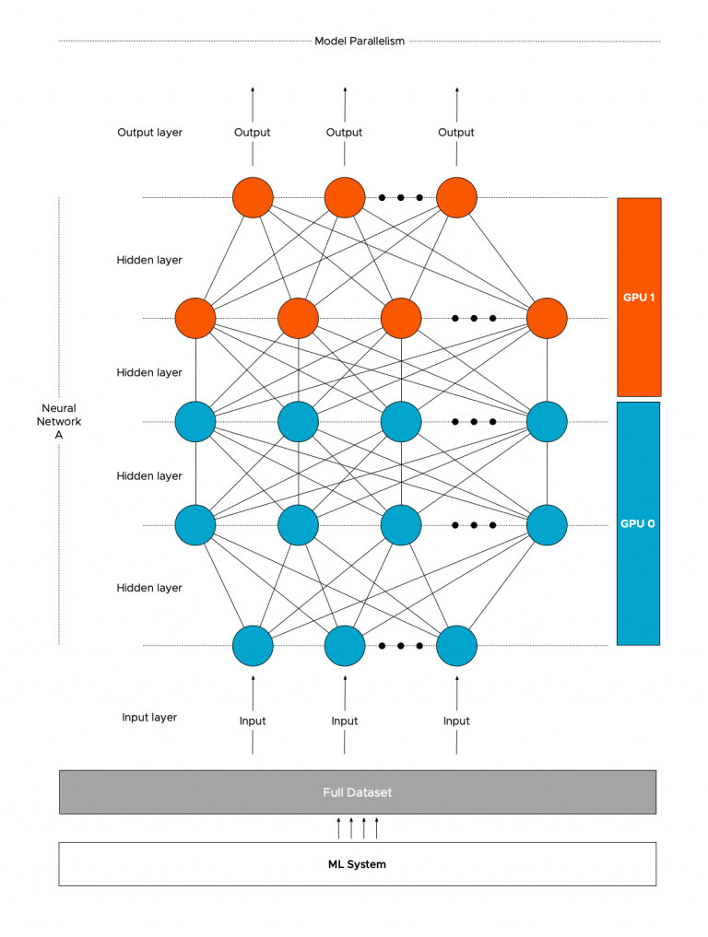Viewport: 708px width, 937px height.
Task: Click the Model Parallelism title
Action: pos(360,41)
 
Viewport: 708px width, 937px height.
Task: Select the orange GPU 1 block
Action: pos(639,297)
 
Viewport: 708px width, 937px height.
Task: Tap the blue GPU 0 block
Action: pos(639,522)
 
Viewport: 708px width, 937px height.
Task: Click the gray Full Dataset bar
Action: pos(358,792)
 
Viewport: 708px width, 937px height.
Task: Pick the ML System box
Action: pos(358,864)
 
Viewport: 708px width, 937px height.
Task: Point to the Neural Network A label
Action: pos(59,421)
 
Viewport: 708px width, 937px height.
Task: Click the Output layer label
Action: pos(149,133)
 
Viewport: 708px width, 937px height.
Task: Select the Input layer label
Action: pos(149,717)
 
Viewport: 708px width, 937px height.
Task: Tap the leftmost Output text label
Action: pos(253,133)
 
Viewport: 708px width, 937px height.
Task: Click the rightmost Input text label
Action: pos(456,720)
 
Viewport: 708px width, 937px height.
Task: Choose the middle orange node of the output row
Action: pos(345,197)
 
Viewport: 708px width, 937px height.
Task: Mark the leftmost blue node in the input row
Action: pos(253,645)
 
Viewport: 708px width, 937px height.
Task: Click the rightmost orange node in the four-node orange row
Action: pos(545,319)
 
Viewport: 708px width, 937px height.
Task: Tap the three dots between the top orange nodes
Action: pos(400,197)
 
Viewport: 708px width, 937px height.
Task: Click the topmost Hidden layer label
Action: pos(149,260)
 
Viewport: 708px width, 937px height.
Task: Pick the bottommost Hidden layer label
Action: pos(149,588)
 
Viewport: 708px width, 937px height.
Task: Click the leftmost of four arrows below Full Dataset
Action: pos(338,827)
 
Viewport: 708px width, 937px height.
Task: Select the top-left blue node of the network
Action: pos(195,422)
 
